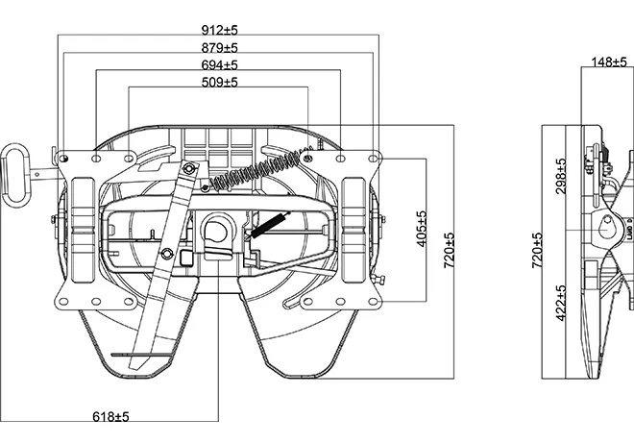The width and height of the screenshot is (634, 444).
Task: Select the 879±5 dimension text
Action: click(219, 47)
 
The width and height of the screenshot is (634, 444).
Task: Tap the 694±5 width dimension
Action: click(219, 64)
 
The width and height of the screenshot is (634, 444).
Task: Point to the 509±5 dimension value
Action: click(219, 82)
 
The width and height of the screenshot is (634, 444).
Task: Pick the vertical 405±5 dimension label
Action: click(421, 228)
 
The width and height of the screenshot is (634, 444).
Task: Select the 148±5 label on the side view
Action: click(608, 62)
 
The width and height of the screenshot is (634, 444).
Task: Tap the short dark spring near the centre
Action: click(270, 223)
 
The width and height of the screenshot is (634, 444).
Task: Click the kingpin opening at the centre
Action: click(216, 230)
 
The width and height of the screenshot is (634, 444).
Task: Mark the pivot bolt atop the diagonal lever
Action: click(190, 170)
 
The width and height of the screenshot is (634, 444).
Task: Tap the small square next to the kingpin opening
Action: click(183, 257)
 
